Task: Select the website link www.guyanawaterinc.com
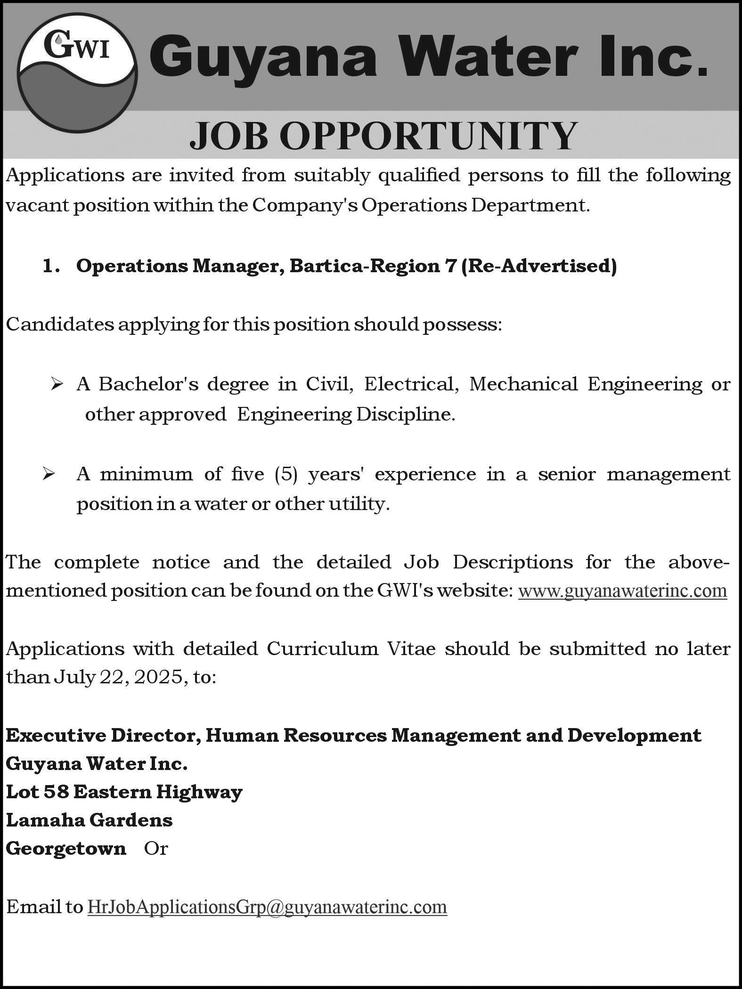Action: click(x=622, y=590)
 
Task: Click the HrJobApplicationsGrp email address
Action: click(x=267, y=907)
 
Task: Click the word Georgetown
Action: click(x=66, y=848)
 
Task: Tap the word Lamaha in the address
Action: click(x=45, y=820)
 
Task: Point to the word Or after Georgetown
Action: click(x=156, y=848)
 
